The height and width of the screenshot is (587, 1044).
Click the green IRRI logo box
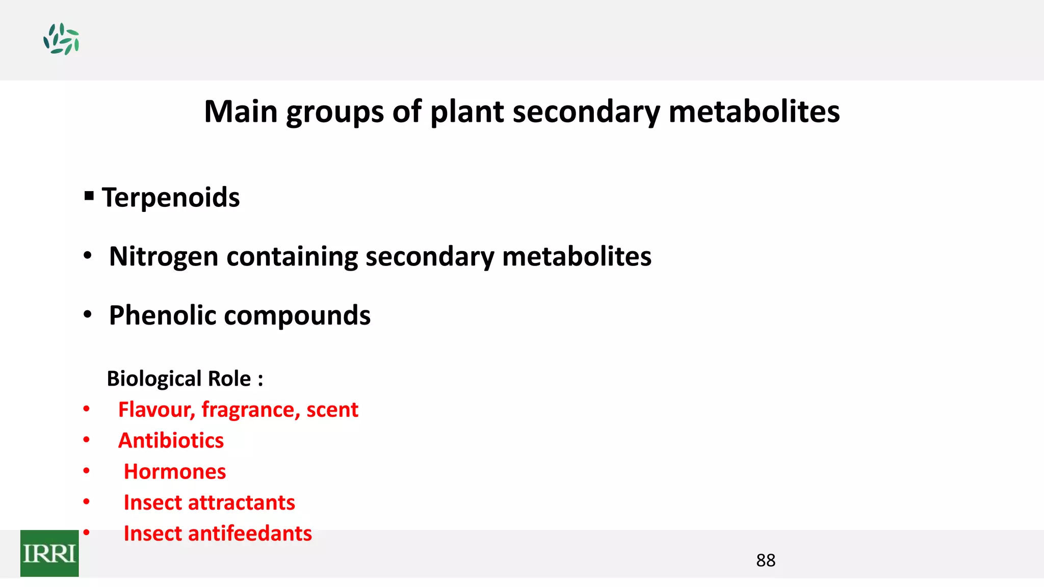tap(49, 553)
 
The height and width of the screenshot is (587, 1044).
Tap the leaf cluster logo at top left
tap(61, 39)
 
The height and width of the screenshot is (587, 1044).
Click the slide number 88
tap(766, 561)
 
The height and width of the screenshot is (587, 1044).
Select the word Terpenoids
tap(171, 198)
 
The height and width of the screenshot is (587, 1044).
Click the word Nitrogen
tap(164, 256)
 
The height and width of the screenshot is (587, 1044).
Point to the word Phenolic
tap(163, 315)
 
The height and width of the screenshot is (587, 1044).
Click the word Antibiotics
tap(171, 441)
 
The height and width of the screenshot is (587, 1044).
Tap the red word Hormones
tap(175, 472)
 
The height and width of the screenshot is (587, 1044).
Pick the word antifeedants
tap(250, 533)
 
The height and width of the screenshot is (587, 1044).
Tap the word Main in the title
tap(241, 112)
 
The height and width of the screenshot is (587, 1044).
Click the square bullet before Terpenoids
tap(89, 196)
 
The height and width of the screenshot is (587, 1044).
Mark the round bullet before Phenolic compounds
tap(88, 315)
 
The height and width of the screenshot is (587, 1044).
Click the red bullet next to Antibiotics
tap(87, 440)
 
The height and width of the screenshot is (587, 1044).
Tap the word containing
tap(292, 256)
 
